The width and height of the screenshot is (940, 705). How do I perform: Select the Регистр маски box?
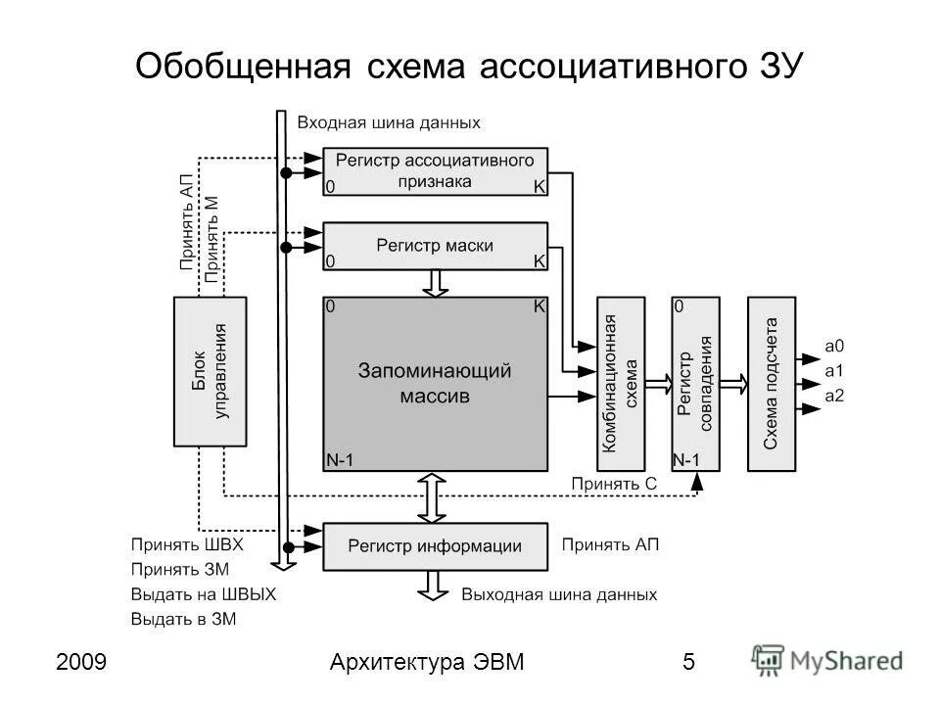[x=435, y=246]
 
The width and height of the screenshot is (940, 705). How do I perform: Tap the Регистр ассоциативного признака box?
[x=435, y=170]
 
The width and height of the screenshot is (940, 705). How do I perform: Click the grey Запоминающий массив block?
[x=435, y=383]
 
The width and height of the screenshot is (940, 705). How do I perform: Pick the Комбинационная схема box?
[x=621, y=383]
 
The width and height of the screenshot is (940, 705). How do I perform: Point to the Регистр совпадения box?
[x=694, y=383]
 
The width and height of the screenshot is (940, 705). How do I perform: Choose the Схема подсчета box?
[x=772, y=383]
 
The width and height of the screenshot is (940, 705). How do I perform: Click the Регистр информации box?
[x=435, y=546]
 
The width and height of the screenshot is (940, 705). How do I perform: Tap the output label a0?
[x=834, y=346]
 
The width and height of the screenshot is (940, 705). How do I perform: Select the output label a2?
[x=834, y=395]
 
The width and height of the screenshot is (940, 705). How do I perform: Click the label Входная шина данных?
[x=389, y=122]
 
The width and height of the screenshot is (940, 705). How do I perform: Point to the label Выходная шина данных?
[x=559, y=594]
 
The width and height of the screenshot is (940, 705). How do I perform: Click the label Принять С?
[x=615, y=484]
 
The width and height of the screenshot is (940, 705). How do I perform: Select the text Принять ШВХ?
[x=187, y=543]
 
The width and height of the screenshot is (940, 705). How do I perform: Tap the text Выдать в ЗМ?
[x=184, y=619]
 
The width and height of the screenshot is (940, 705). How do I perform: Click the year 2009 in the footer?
[x=82, y=662]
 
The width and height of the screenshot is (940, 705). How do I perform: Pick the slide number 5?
[x=688, y=662]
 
